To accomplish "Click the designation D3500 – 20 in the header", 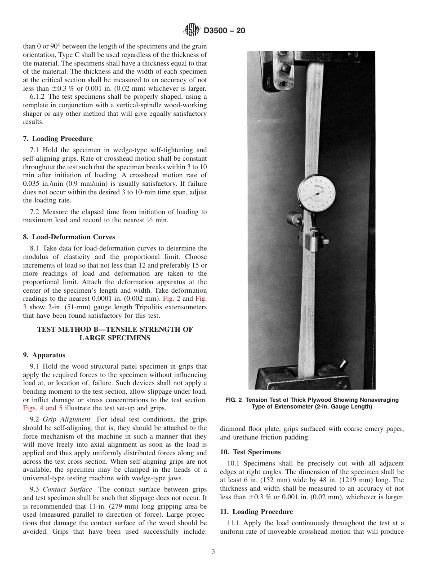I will (x=224, y=31).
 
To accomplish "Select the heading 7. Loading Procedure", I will (x=58, y=139).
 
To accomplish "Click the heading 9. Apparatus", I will (x=44, y=355).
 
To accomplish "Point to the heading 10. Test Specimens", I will (x=250, y=452).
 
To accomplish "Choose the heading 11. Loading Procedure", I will (x=256, y=512).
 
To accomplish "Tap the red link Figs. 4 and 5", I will (x=43, y=408).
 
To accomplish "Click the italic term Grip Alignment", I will (x=65, y=419).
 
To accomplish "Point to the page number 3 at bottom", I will (x=213, y=552).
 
